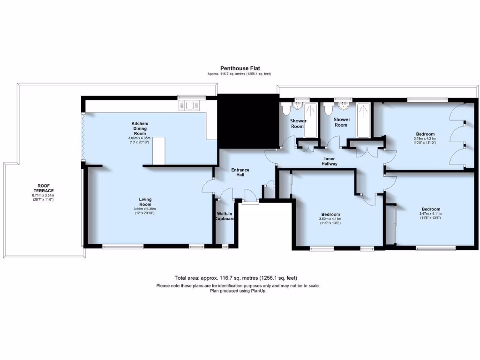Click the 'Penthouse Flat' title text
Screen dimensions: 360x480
[239, 68]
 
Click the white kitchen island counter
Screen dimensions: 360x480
[159, 150]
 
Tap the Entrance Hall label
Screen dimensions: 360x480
[240, 172]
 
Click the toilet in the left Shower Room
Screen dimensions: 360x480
[287, 109]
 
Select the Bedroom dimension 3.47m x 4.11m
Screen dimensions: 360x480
[431, 214]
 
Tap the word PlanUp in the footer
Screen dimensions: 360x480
[260, 291]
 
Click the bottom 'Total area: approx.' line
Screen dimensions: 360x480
[235, 278]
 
